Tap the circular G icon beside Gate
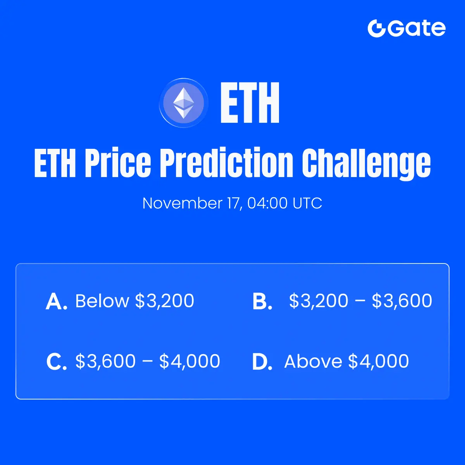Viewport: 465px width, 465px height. (x=376, y=28)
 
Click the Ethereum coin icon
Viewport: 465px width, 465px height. (x=184, y=103)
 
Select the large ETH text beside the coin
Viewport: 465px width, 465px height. (x=250, y=103)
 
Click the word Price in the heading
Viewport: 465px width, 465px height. (x=118, y=163)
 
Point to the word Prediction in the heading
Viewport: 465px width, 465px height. (x=227, y=163)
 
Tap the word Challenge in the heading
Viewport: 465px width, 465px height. (x=366, y=164)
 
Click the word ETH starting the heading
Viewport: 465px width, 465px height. (x=55, y=163)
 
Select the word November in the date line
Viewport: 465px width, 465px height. (x=183, y=203)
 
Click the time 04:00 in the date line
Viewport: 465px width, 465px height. (x=267, y=203)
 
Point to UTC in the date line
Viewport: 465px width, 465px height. (x=307, y=203)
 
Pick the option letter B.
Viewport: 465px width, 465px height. (x=262, y=301)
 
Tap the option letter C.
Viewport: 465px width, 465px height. (x=57, y=362)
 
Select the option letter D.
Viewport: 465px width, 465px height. (x=262, y=362)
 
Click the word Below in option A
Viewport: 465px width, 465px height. (x=102, y=301)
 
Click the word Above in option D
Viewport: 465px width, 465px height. (x=313, y=361)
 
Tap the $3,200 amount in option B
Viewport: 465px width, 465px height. (x=319, y=301)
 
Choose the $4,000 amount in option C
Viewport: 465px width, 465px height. (x=189, y=361)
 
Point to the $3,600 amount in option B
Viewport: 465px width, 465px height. (x=402, y=301)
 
